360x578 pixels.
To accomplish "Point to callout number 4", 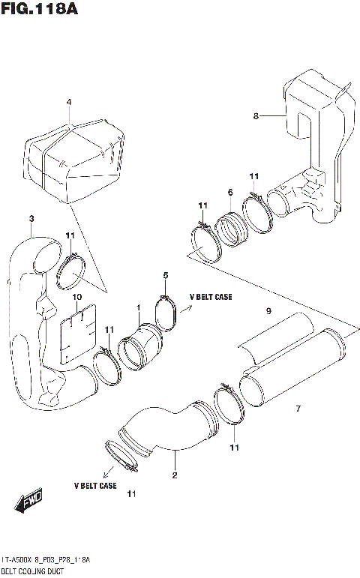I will pyautogui.click(x=68, y=102).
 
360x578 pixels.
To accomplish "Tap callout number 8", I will pyautogui.click(x=256, y=116).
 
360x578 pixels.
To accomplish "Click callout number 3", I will pyautogui.click(x=31, y=218).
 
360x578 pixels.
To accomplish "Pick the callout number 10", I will pyautogui.click(x=76, y=297).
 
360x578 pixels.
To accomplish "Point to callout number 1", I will pyautogui.click(x=138, y=307).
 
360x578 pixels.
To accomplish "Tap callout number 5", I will pyautogui.click(x=165, y=275).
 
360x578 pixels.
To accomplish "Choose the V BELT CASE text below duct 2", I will pyautogui.click(x=94, y=486).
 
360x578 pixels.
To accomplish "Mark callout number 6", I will pyautogui.click(x=229, y=193).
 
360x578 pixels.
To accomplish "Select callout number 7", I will pyautogui.click(x=298, y=408).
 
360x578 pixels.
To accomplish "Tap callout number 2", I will pyautogui.click(x=174, y=475).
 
